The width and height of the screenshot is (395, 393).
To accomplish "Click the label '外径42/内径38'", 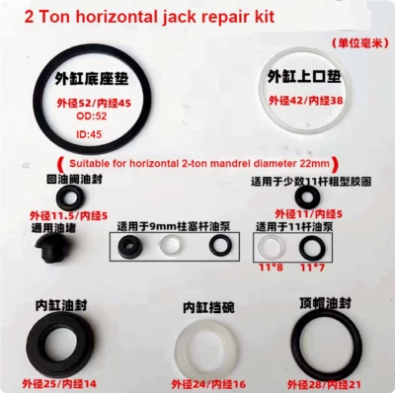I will point(302,100).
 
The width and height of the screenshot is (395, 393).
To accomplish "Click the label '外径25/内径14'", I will point(52,382).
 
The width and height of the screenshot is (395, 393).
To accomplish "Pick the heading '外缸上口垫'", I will point(301,76).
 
